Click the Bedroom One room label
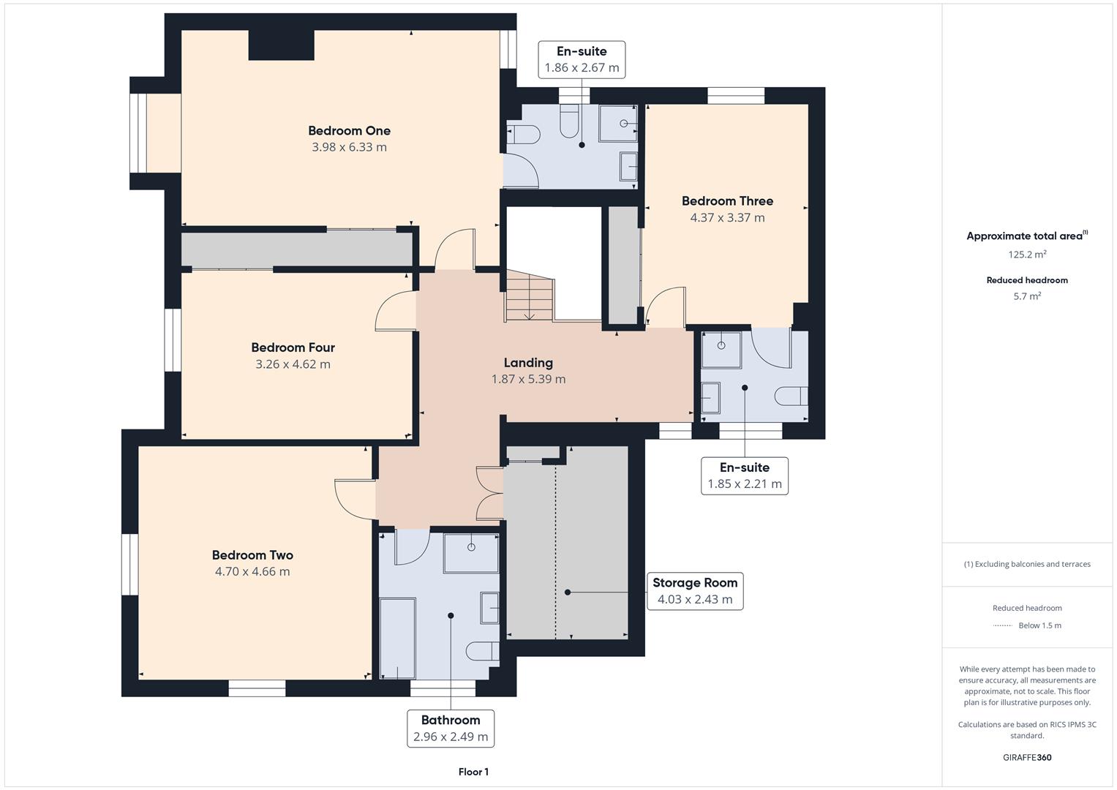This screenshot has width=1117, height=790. (349, 131)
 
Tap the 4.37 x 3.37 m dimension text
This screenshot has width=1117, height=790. (727, 218)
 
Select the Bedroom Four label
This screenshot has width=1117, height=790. (293, 347)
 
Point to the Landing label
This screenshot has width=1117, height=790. (527, 363)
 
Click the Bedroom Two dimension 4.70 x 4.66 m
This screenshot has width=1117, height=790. (252, 572)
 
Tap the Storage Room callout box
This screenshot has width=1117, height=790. (694, 591)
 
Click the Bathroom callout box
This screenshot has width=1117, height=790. (450, 729)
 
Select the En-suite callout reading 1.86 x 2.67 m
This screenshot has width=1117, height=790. (582, 59)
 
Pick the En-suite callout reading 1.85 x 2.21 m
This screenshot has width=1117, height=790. (744, 475)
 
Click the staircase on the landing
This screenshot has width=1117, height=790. (528, 296)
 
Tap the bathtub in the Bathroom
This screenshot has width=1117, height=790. (397, 639)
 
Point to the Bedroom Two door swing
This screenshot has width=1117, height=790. (353, 498)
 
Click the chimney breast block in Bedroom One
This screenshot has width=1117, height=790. (281, 45)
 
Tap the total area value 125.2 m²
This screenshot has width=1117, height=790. (1027, 255)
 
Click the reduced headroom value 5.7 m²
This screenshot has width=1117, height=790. (1027, 296)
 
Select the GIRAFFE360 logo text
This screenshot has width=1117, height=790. (1027, 757)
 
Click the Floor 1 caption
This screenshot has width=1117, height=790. (473, 772)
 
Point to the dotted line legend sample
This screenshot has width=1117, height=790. (1002, 625)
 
